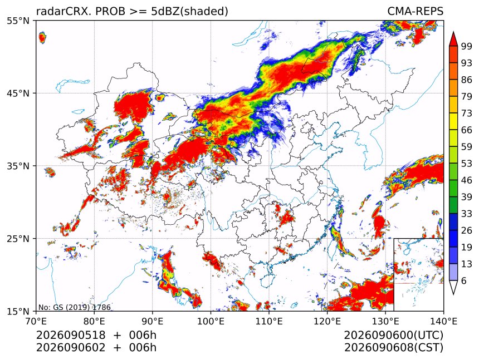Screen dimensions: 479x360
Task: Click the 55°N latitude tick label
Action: [x=18, y=21]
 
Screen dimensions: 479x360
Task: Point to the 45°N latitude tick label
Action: [x=18, y=93]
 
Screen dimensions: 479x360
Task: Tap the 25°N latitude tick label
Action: [x=18, y=238]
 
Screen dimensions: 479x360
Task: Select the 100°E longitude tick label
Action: [x=211, y=321]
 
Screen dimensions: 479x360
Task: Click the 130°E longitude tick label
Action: [x=385, y=321]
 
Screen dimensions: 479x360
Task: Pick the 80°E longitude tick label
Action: [x=94, y=321]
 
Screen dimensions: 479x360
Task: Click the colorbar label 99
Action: [x=467, y=46]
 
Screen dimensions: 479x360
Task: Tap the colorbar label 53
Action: [x=467, y=164]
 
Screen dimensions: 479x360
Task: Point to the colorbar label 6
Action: [x=464, y=280]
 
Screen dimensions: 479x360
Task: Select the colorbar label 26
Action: [x=467, y=230]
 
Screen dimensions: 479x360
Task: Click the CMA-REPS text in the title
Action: [x=415, y=11]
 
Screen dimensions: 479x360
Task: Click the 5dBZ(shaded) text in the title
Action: [x=189, y=12]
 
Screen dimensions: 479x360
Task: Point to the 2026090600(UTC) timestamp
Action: [x=393, y=336]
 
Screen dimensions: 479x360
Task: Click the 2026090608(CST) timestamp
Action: [x=393, y=348]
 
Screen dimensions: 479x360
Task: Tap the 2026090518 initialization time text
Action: [x=71, y=336]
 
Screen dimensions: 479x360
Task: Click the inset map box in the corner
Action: [x=394, y=274]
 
